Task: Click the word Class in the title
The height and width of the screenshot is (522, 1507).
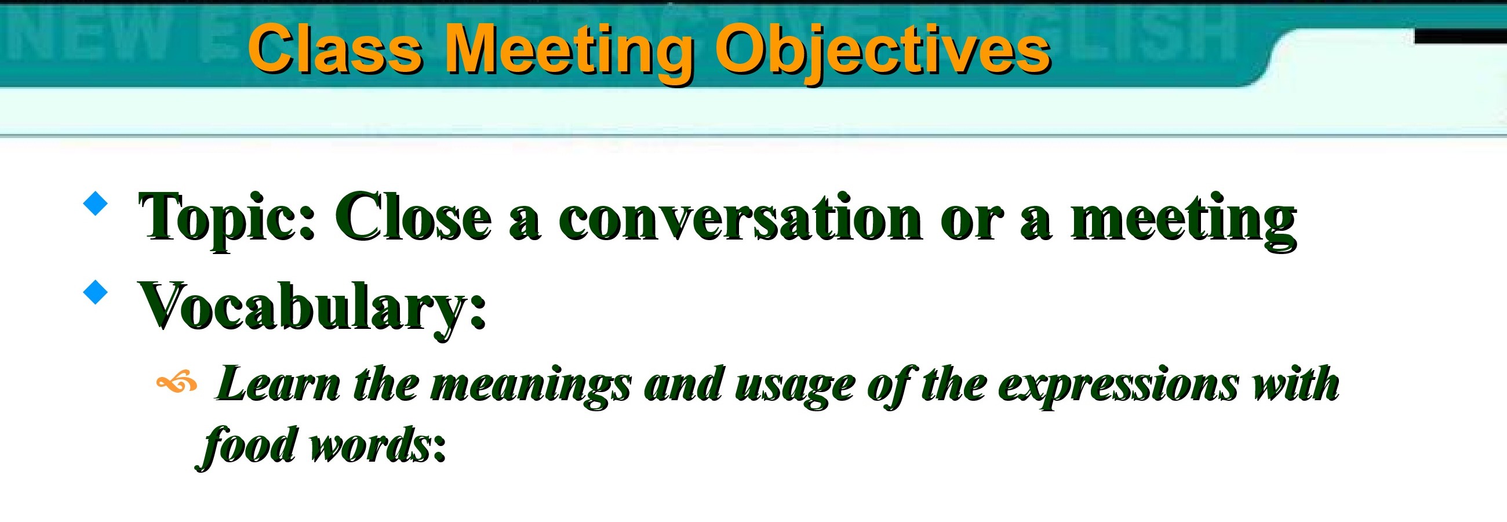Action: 335,50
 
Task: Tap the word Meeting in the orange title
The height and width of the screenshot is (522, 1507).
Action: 570,54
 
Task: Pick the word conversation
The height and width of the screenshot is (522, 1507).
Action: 741,217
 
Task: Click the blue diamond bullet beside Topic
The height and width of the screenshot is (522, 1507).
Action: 96,204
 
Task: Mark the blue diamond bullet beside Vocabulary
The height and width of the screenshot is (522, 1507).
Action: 96,292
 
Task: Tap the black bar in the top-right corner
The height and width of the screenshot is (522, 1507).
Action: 1460,36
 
